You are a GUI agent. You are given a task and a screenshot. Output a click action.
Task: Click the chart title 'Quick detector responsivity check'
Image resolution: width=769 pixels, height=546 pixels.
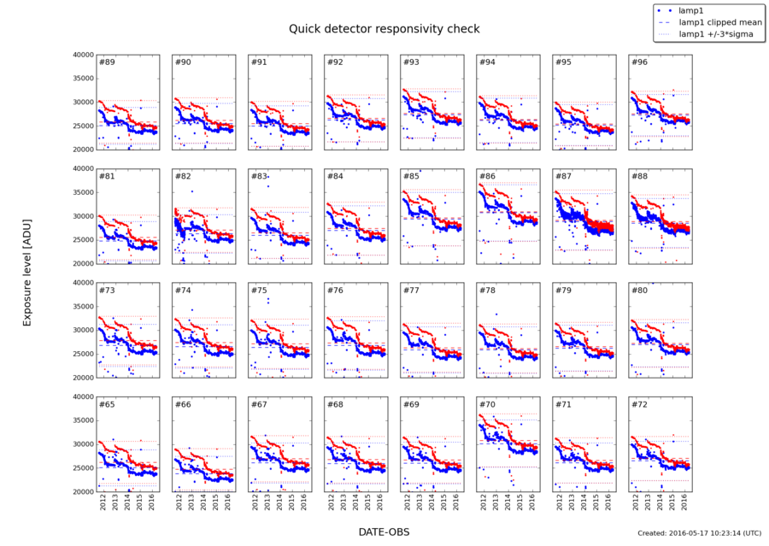[x=384, y=28]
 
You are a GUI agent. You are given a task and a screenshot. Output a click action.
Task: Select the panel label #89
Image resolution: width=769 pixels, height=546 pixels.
[x=108, y=62]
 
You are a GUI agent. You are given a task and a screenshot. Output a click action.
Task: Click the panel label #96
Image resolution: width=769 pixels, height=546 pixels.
[x=639, y=62]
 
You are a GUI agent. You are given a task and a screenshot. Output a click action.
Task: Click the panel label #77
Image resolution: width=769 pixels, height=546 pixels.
[x=411, y=291]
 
